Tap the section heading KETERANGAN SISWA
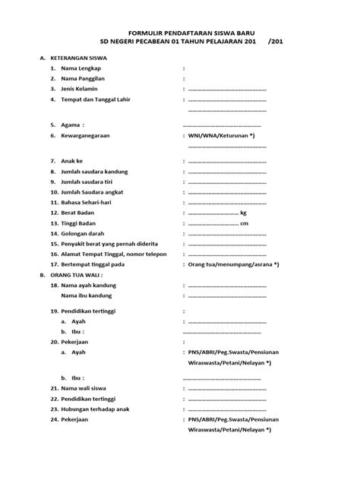click(x=83, y=57)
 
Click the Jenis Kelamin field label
click(x=85, y=89)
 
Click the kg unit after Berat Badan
click(x=244, y=213)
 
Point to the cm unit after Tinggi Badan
click(x=245, y=224)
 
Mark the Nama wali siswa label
click(x=88, y=387)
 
